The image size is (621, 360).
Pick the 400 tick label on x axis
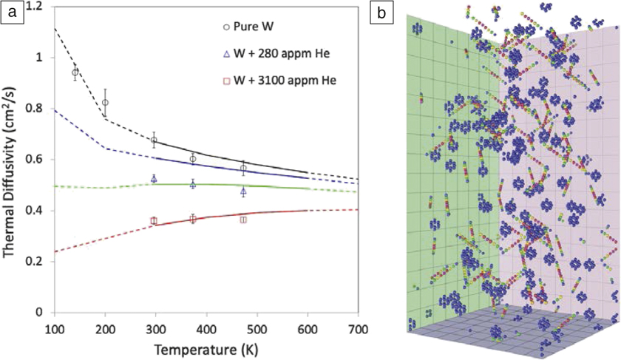[206, 327]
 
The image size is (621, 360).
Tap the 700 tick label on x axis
[358, 327]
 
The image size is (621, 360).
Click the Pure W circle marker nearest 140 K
[75, 72]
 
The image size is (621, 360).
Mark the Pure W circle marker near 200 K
[105, 103]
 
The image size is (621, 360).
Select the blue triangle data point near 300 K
[154, 179]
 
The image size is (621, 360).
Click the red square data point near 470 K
[243, 220]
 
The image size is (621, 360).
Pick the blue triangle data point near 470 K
[243, 191]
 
